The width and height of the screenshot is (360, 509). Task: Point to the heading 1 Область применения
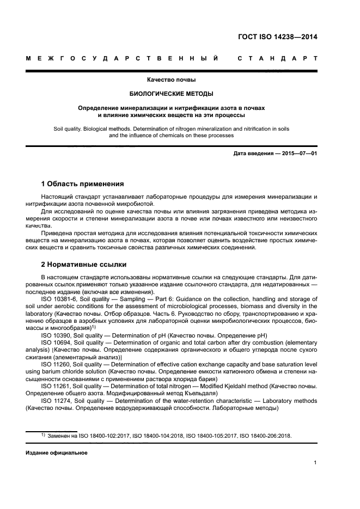click(x=82, y=183)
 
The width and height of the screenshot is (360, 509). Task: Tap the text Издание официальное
click(x=56, y=453)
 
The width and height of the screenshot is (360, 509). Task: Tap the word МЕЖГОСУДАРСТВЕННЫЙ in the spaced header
click(x=123, y=58)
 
